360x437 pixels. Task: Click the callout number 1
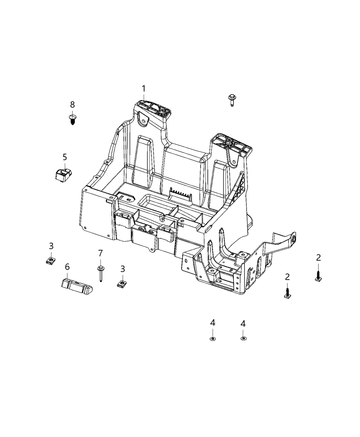(x=144, y=89)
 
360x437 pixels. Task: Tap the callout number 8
(x=72, y=105)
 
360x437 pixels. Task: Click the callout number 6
(x=67, y=267)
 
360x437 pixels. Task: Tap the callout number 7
(x=100, y=253)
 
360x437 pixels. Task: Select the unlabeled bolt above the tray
(x=232, y=100)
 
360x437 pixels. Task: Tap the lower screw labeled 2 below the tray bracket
(x=287, y=292)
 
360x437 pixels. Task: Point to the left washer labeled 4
(x=213, y=339)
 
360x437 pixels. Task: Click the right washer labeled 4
(x=243, y=339)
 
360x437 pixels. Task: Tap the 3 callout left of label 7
(x=51, y=246)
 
